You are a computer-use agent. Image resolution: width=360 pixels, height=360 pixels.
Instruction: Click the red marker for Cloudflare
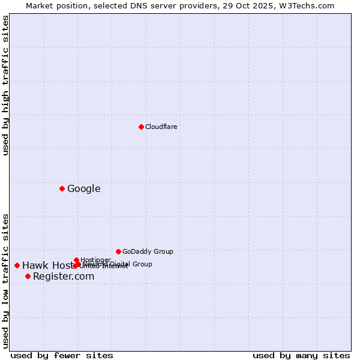pos(141,127)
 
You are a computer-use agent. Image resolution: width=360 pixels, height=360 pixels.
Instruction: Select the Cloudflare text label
pos(161,127)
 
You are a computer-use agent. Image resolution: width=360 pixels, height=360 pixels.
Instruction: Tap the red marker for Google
pos(62,188)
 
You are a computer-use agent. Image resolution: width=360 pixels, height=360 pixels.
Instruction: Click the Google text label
pos(83,189)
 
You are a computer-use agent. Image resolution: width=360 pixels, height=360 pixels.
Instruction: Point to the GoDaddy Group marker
pos(118,251)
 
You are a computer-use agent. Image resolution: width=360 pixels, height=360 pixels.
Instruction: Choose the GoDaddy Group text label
pos(148,251)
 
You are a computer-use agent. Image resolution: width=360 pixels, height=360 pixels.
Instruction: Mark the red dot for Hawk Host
pos(17,265)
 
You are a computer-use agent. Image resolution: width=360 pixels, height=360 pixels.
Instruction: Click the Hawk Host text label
pos(48,266)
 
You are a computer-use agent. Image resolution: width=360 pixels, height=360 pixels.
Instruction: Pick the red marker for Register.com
pos(28,276)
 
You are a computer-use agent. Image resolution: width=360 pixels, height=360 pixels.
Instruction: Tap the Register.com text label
pos(64,277)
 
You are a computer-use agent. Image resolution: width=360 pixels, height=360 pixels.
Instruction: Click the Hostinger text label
pos(95,260)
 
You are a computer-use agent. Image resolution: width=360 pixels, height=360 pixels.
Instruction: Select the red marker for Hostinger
pos(76,260)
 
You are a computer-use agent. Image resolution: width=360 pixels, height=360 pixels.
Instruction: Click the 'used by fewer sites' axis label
pos(62,355)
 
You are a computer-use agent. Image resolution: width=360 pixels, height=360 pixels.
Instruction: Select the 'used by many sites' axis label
pos(301,355)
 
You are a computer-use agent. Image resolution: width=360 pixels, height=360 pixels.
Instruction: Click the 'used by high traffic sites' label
pos(6,85)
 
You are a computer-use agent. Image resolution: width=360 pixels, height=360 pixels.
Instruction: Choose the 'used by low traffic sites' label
pos(6,281)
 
